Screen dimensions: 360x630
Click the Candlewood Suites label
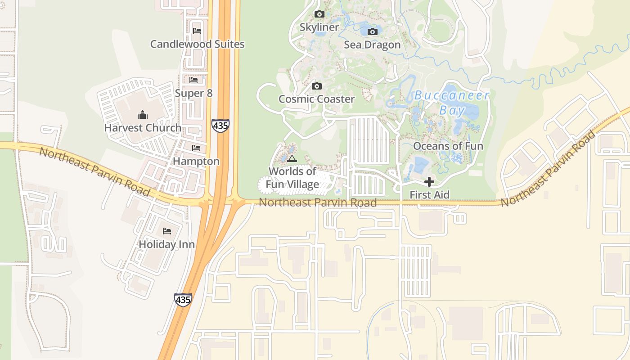tap(197, 44)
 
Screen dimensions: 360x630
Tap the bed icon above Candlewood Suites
tap(197, 31)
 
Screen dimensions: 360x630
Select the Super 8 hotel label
tap(193, 93)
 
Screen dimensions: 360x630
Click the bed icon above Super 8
tap(193, 80)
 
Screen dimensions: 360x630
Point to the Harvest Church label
tap(143, 128)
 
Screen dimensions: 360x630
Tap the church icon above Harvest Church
tap(143, 115)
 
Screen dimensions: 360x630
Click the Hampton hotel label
tap(196, 161)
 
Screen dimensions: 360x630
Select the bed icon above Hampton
tap(196, 148)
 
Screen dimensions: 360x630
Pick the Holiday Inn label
tap(166, 244)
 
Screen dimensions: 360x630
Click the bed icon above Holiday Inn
tap(167, 231)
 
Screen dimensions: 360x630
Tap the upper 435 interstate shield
tap(220, 126)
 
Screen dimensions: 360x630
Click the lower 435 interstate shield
tap(183, 300)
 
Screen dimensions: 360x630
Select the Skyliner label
tap(319, 27)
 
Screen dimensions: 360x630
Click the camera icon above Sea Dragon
tap(372, 31)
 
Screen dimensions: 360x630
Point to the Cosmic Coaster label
tap(316, 99)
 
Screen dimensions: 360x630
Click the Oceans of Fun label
tap(448, 146)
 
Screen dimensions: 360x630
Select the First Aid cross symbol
tap(429, 182)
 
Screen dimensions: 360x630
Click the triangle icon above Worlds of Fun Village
tap(292, 158)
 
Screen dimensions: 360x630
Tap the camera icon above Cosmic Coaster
tap(316, 86)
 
